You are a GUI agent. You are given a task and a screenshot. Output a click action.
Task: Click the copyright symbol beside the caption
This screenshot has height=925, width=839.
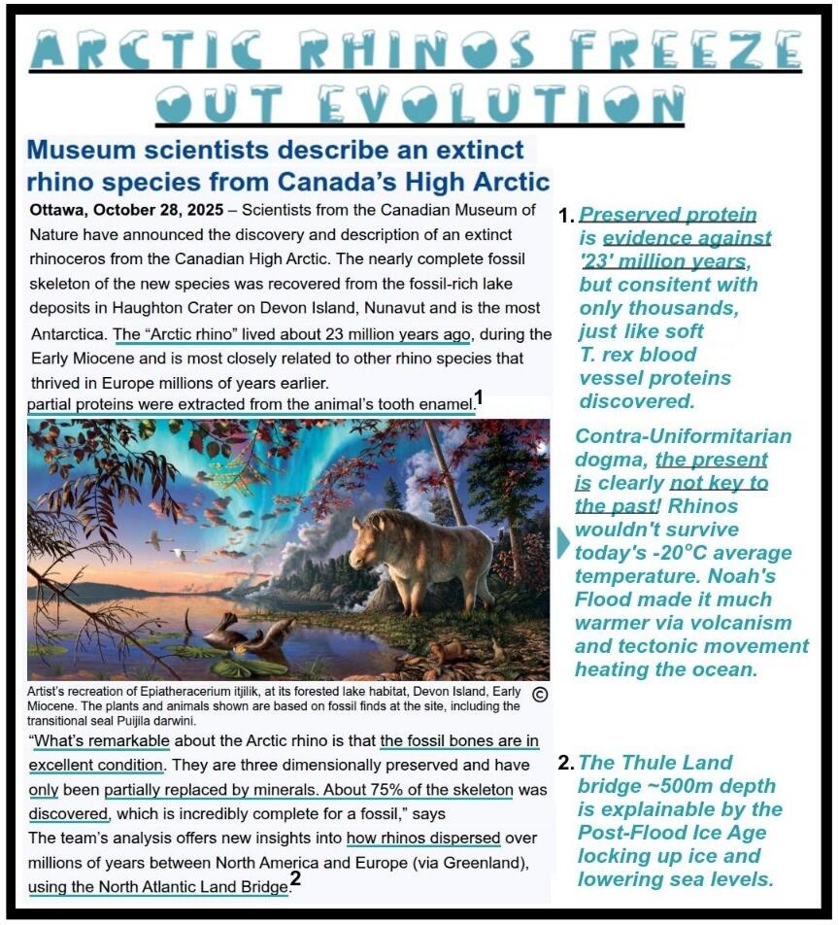[541, 694]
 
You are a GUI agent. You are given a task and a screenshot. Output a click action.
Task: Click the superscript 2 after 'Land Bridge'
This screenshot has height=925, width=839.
[295, 880]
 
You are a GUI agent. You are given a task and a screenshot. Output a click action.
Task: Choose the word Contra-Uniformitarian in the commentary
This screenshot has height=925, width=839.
[684, 436]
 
